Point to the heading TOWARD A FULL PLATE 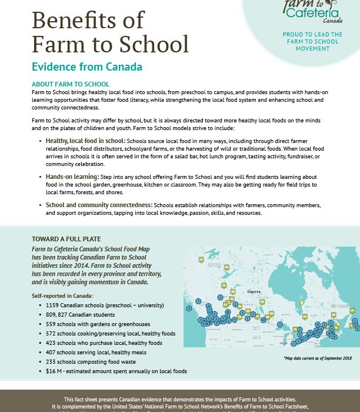coord(66,239)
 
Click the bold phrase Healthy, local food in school coord(85,141)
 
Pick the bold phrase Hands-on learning coord(72,176)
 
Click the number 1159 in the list coord(52,305)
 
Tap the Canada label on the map coord(254,292)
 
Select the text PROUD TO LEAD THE coord(312,35)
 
